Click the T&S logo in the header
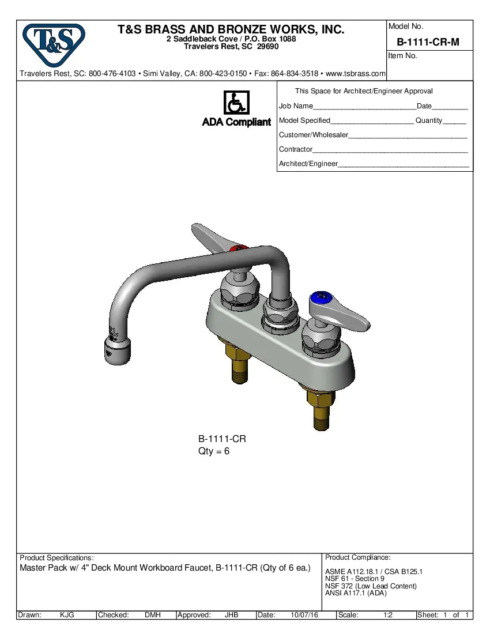coord(53,44)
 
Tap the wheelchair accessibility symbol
coord(236,103)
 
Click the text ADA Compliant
coord(236,122)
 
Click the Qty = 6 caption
coord(214,451)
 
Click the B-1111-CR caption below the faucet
coord(222,439)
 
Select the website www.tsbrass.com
coord(356,74)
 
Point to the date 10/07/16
coord(304,615)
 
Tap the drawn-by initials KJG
coord(67,615)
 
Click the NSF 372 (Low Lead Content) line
coord(371,586)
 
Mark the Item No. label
coord(403,56)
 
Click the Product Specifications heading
coord(56,558)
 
